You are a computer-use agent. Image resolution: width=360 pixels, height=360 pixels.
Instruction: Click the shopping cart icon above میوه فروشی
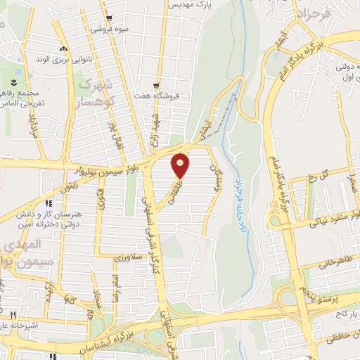pyautogui.click(x=107, y=19)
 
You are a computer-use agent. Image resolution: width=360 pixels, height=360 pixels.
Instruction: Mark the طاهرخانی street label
pyautogui.click(x=333, y=262)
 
